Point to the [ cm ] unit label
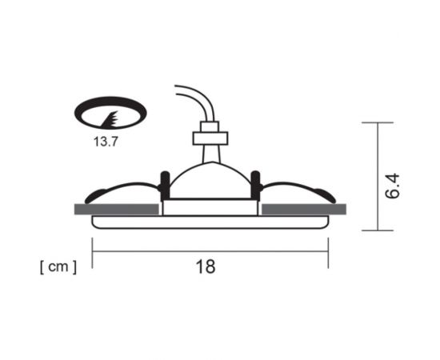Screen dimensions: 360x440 (x=58, y=267)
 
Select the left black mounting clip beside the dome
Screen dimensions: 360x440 (x=165, y=186)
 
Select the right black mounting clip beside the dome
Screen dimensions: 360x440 (x=255, y=186)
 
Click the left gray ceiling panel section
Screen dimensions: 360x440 (x=115, y=209)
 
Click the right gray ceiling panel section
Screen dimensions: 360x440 (x=304, y=209)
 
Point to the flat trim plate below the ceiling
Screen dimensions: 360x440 (x=210, y=222)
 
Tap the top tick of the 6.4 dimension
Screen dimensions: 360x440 (x=377, y=122)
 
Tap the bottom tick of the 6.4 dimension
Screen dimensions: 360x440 (x=377, y=230)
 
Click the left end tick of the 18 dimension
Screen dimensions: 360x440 (x=93, y=250)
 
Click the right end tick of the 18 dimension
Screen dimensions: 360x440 (x=327, y=250)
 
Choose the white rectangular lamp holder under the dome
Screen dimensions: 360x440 (x=210, y=207)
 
